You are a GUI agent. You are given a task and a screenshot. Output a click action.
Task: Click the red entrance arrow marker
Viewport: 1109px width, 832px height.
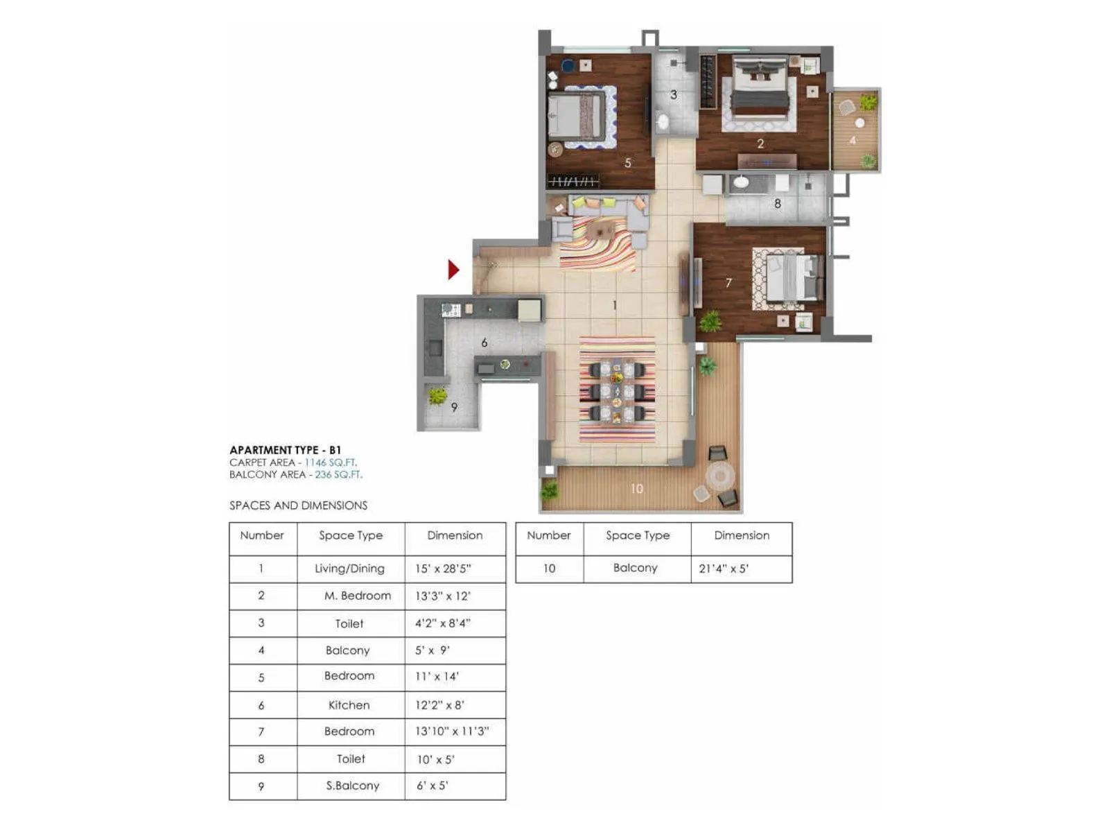click(453, 269)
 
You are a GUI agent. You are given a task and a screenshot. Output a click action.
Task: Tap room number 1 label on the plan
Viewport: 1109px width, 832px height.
click(614, 305)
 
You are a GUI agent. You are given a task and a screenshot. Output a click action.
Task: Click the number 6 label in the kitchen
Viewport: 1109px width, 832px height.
click(484, 343)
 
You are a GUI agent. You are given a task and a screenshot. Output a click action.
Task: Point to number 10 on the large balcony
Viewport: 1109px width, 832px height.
click(636, 489)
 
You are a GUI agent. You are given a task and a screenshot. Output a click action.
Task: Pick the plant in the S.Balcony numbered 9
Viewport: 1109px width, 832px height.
click(437, 396)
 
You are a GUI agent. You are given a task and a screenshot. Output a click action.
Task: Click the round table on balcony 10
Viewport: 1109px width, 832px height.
click(720, 476)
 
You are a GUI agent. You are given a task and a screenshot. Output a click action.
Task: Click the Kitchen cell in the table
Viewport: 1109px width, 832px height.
click(349, 705)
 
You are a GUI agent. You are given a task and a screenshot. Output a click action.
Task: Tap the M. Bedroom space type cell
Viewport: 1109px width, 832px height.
click(357, 596)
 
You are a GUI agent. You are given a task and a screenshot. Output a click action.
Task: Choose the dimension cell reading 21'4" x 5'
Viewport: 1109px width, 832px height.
click(724, 569)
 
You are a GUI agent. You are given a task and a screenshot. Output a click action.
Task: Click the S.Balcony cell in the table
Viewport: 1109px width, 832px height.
click(353, 786)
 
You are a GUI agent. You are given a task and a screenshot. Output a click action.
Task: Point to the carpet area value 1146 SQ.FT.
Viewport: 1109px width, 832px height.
click(331, 462)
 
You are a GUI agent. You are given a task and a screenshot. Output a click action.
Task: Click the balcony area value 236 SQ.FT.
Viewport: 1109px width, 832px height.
click(338, 475)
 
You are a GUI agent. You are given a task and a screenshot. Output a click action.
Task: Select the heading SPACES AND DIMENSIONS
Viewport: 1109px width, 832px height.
click(298, 505)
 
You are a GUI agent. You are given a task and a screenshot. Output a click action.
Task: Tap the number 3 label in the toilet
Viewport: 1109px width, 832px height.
click(673, 95)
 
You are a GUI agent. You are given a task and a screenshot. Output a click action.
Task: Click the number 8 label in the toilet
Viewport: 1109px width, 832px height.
click(777, 204)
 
